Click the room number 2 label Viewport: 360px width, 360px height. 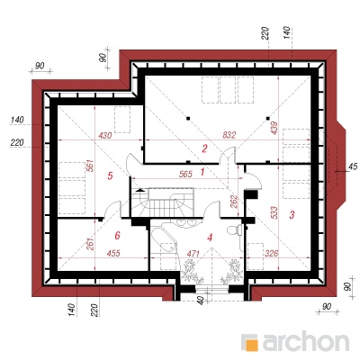pos(204,148)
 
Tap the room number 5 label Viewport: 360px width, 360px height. pos(110,175)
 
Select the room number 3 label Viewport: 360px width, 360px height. pos(292,214)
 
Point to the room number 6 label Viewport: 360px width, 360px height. pos(117,236)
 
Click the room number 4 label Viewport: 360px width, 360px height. pos(210,238)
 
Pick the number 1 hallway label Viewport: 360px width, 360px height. pos(202,172)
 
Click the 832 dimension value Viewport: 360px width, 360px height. pos(229,135)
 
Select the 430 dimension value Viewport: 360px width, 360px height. pos(105,135)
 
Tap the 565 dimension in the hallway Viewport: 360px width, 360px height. pos(185,174)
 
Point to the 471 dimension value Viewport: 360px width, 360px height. pos(193,254)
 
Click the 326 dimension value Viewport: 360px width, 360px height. pos(272,254)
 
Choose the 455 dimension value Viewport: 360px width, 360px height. pos(113,254)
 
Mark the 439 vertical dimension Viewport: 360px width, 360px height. pos(274,128)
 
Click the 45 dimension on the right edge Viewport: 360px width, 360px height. pos(353,166)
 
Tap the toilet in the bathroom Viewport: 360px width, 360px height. pos(235,230)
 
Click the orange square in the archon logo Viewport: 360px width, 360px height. pos(252,344)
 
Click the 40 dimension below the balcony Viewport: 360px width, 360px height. pos(201,300)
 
